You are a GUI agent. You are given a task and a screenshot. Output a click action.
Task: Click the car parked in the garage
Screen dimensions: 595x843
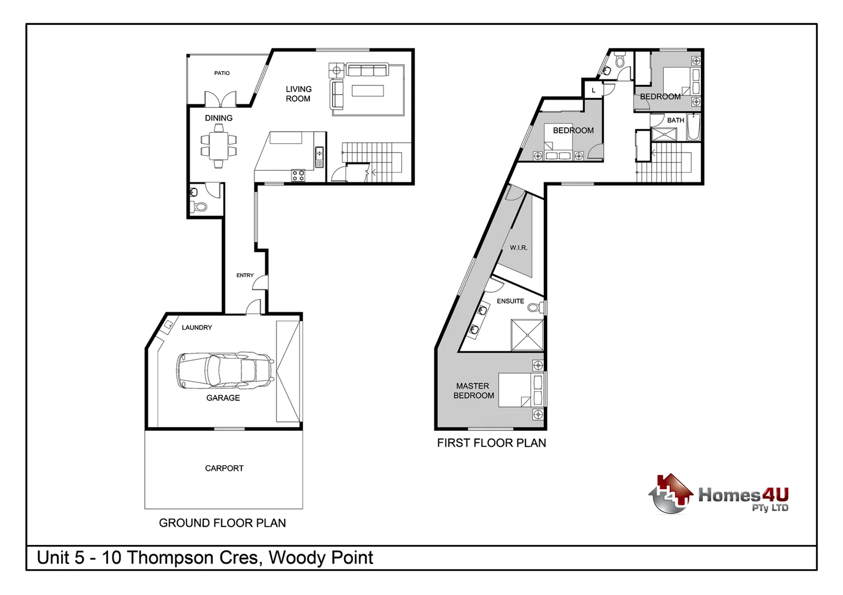[225, 370]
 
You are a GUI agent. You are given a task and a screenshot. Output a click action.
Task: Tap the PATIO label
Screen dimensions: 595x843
[222, 73]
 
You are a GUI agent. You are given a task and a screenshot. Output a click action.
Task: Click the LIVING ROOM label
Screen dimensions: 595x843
[298, 94]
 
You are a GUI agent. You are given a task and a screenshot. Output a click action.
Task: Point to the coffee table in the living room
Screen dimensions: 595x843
[368, 90]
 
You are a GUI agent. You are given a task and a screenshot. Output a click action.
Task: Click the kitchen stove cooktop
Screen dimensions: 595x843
[298, 176]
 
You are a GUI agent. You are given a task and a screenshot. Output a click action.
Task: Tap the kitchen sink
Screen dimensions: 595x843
[319, 156]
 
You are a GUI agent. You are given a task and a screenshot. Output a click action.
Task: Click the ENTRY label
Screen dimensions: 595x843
[245, 275]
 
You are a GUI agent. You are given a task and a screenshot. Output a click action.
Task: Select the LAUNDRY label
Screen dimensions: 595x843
[197, 328]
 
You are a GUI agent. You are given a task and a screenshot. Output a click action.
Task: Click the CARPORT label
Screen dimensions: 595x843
[224, 468]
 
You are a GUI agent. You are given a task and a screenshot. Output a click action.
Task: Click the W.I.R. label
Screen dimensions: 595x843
[518, 248]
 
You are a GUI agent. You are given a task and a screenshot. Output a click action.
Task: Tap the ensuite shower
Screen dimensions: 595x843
[527, 334]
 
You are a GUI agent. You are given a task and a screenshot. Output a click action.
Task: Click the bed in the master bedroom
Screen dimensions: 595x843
[521, 390]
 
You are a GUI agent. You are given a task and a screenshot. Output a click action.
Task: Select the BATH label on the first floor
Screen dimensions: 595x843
[675, 120]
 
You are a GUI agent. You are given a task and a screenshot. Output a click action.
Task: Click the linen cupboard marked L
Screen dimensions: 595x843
[593, 90]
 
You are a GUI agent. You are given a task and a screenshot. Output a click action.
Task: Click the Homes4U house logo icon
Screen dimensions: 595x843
[670, 494]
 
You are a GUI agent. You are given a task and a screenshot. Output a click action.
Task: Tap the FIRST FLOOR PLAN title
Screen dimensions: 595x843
[491, 443]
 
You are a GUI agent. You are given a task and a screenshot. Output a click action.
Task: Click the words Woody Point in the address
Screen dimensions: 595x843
[321, 558]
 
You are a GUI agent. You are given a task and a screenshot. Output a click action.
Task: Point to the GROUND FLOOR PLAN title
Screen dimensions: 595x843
[222, 523]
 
